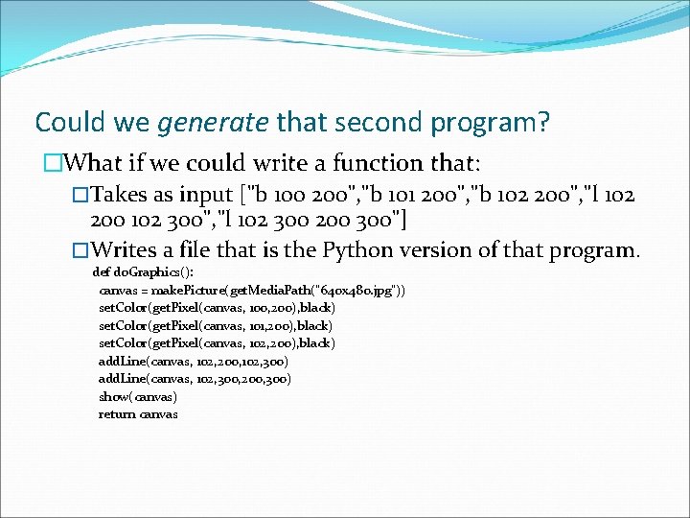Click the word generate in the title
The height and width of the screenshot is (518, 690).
(x=211, y=123)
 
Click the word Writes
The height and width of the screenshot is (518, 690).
(x=132, y=251)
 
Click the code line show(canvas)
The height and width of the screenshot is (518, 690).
(x=138, y=396)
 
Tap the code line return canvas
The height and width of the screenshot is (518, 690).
(x=138, y=414)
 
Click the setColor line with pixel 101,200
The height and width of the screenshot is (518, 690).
(x=217, y=326)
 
